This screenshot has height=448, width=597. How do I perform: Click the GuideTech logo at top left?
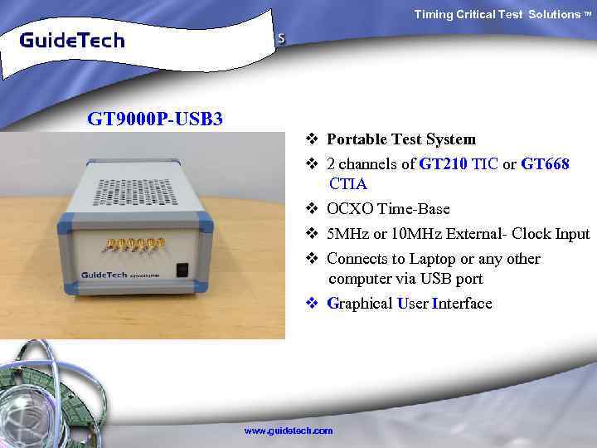coord(72,40)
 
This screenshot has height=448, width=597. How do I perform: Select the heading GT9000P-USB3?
coord(155,119)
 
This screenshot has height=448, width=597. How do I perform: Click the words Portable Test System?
coord(401,139)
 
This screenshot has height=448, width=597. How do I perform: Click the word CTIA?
coord(348,183)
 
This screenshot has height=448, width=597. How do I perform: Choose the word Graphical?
coord(360,304)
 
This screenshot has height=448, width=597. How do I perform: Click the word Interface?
coord(462,304)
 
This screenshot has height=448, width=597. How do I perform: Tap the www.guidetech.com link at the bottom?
coord(288,431)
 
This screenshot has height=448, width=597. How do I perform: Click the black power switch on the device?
coord(183,270)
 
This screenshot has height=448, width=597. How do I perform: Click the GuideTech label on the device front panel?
coord(104,274)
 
